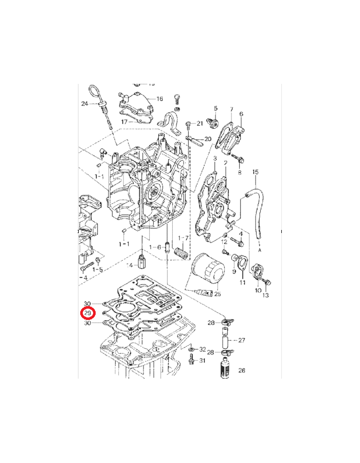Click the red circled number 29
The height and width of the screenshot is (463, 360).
(87, 313)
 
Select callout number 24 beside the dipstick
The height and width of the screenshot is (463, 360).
(85, 104)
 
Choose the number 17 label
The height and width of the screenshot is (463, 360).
(124, 122)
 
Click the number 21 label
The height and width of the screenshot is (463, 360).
(200, 123)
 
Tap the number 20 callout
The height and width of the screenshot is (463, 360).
(208, 139)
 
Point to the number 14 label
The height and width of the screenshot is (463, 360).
(130, 265)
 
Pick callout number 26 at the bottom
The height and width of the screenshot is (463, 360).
(242, 370)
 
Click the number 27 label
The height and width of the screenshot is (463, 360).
(242, 340)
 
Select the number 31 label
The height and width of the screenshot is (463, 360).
(202, 361)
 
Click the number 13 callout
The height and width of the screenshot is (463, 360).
(265, 295)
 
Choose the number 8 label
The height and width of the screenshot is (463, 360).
(239, 173)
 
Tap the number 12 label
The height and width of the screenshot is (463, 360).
(224, 242)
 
